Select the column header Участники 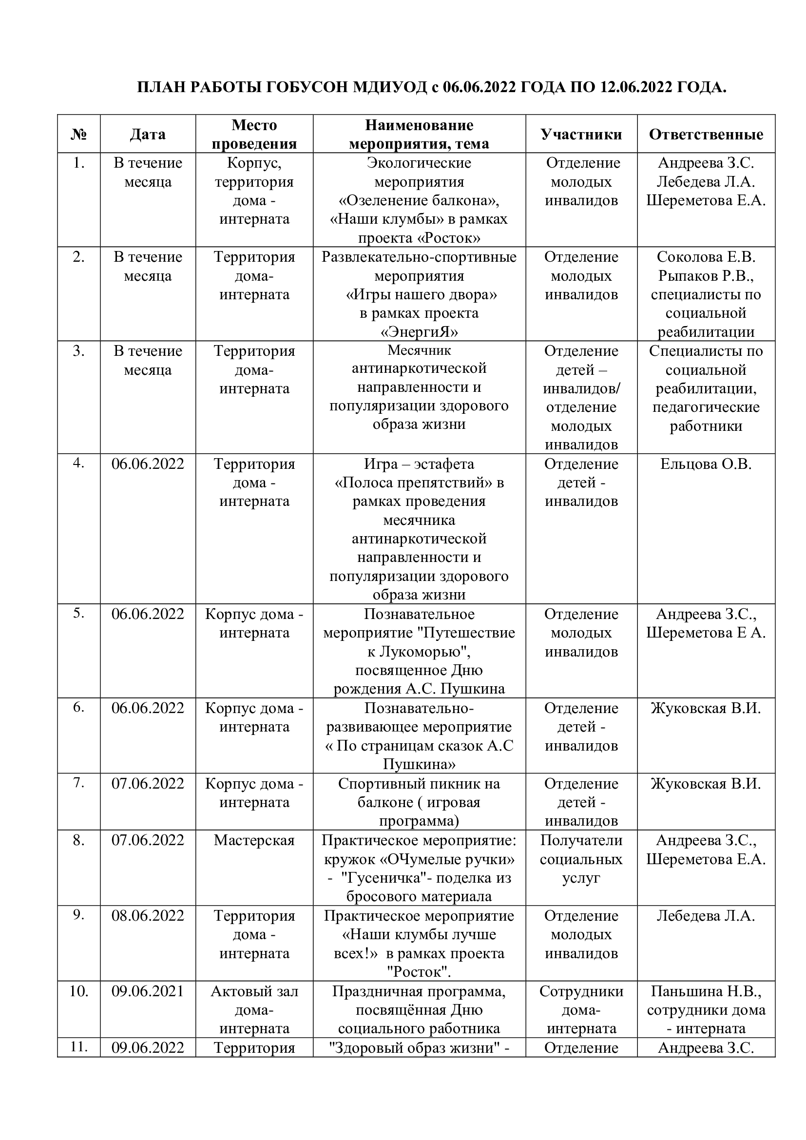(581, 134)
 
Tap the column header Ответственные (706, 134)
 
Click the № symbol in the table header (78, 134)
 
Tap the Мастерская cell (254, 841)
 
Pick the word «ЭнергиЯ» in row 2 (419, 332)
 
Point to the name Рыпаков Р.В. (706, 275)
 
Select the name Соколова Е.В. (706, 257)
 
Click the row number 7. (78, 783)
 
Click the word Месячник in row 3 (419, 350)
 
